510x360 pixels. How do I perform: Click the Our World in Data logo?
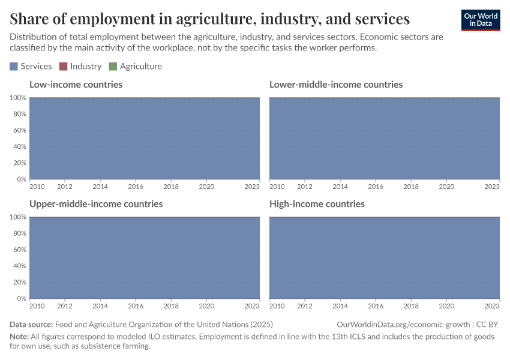[x=480, y=20]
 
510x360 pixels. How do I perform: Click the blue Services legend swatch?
[x=14, y=67]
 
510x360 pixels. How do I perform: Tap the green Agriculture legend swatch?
[x=113, y=67]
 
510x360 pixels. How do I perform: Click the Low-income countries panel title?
[x=76, y=85]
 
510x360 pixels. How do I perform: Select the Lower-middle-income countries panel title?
[x=335, y=85]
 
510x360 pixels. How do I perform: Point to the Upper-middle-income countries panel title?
[x=96, y=204]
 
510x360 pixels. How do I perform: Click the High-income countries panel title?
[x=316, y=204]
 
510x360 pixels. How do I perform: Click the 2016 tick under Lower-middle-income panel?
[x=376, y=187]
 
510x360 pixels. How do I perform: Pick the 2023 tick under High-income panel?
[x=492, y=306]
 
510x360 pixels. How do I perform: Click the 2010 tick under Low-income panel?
[x=37, y=187]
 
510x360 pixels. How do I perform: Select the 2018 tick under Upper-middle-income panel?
[x=171, y=306]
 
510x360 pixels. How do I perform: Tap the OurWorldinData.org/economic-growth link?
[x=404, y=325]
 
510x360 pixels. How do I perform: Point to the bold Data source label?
[x=31, y=325]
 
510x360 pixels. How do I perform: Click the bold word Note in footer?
[x=19, y=337]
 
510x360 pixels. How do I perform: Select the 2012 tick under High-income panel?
[x=305, y=306]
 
